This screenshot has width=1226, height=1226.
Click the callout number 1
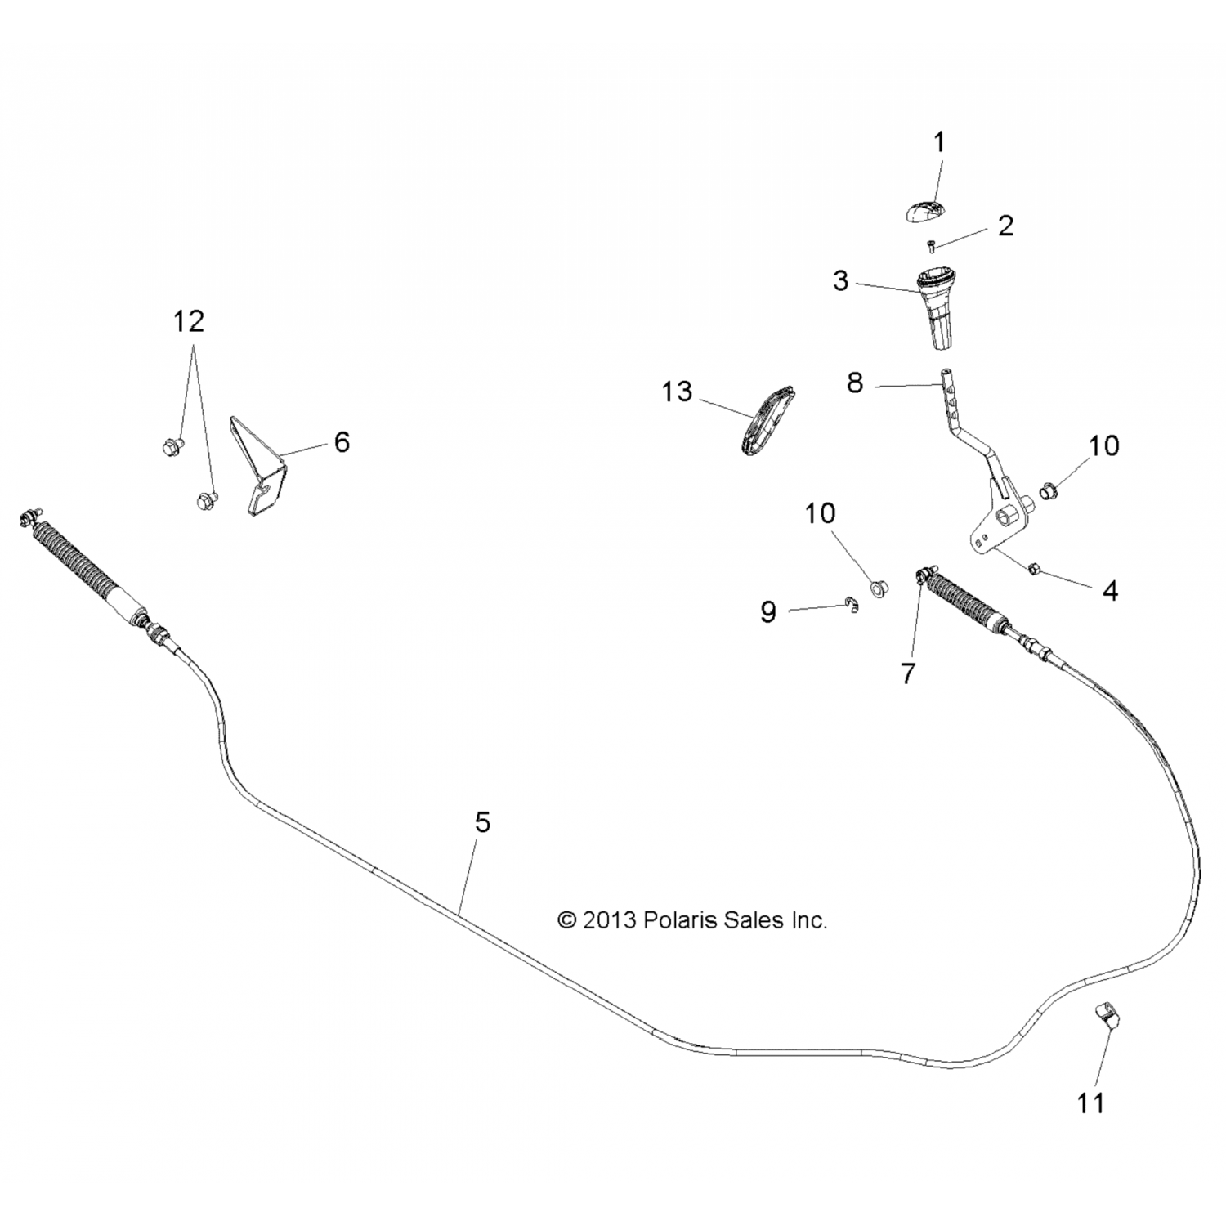coord(939,143)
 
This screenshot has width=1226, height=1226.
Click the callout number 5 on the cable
coord(483,822)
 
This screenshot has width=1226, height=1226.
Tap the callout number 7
coord(908,673)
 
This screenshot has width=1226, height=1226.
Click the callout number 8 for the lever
coord(855,383)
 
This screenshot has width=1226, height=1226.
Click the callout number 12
coord(188,321)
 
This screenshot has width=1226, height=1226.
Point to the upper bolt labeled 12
coord(172,445)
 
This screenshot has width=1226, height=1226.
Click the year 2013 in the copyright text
coord(609,920)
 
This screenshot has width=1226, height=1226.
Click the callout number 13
coord(677,392)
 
